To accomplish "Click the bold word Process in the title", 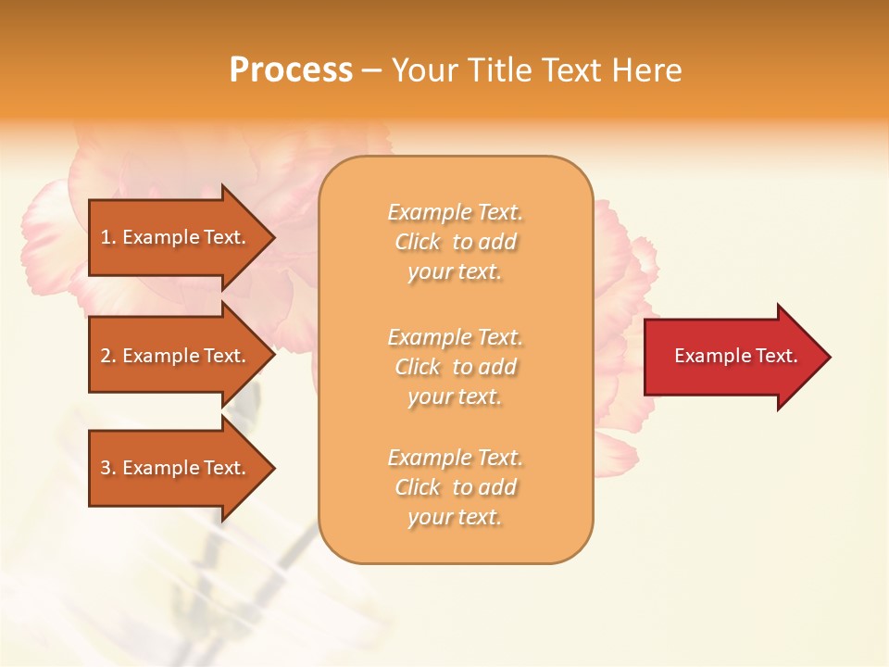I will pyautogui.click(x=291, y=70).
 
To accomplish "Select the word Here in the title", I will pyautogui.click(x=646, y=70).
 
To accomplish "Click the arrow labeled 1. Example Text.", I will pyautogui.click(x=176, y=237).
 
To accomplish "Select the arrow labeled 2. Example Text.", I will pyautogui.click(x=176, y=356).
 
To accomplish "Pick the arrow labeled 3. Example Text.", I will pyautogui.click(x=176, y=468).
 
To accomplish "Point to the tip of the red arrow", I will pyautogui.click(x=828, y=357).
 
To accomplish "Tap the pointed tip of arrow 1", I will pyautogui.click(x=272, y=237).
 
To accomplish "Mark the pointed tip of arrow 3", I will pyautogui.click(x=272, y=468).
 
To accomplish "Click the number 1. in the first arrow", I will pyautogui.click(x=108, y=237).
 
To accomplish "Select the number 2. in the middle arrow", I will pyautogui.click(x=108, y=356).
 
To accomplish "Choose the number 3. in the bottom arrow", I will pyautogui.click(x=108, y=468).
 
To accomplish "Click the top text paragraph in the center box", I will pyautogui.click(x=455, y=242).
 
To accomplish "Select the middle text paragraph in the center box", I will pyautogui.click(x=455, y=367).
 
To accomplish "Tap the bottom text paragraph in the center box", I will pyautogui.click(x=455, y=487).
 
